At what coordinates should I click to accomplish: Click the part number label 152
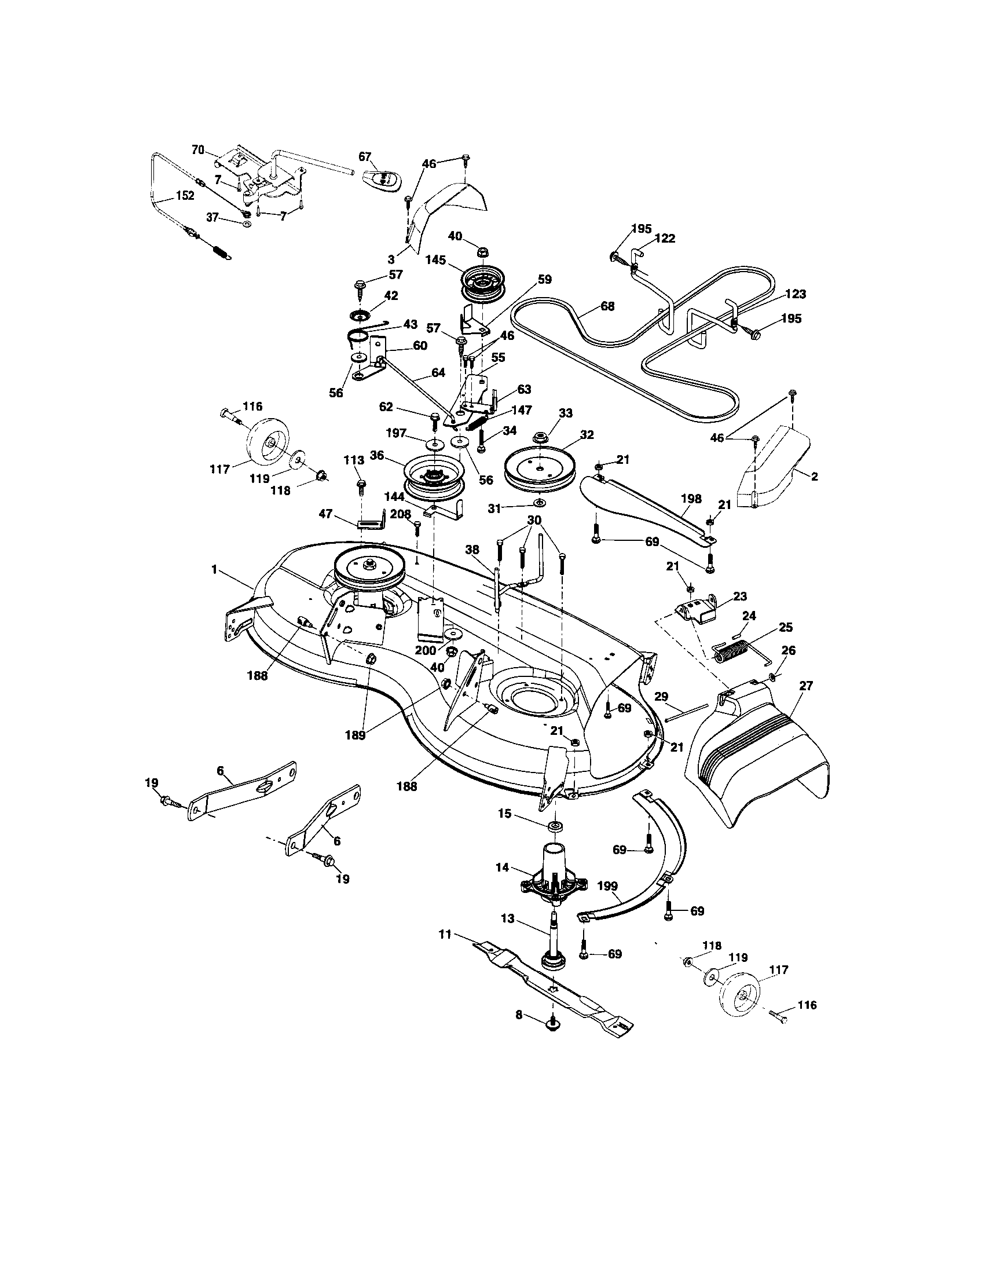click(185, 195)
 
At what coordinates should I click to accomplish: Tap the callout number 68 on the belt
click(607, 306)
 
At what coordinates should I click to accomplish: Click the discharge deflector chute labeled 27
click(758, 759)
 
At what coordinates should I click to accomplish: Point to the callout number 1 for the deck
click(214, 569)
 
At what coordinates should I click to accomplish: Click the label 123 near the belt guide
click(796, 294)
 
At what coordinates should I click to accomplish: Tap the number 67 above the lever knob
click(365, 156)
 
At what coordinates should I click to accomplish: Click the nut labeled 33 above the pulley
click(540, 435)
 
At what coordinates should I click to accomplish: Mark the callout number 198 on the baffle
click(691, 499)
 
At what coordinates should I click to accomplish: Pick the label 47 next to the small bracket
click(325, 513)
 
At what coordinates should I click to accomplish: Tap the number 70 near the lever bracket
click(197, 150)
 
